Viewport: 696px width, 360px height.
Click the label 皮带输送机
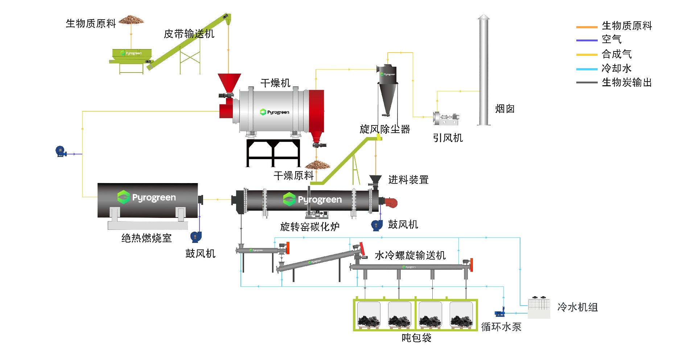pyautogui.click(x=189, y=34)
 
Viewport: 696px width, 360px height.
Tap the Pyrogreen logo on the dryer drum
pyautogui.click(x=275, y=112)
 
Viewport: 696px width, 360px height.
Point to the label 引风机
pyautogui.click(x=448, y=138)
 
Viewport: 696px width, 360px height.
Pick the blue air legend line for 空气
pyautogui.click(x=586, y=40)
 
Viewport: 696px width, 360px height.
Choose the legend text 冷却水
pyautogui.click(x=617, y=68)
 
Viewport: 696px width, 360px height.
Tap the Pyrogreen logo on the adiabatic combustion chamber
pyautogui.click(x=147, y=197)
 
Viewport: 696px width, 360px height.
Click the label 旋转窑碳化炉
pyautogui.click(x=310, y=227)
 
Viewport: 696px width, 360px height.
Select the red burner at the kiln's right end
pyautogui.click(x=391, y=203)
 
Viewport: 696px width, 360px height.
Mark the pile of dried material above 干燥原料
pyautogui.click(x=317, y=165)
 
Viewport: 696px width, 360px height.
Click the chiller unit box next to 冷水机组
pyautogui.click(x=539, y=307)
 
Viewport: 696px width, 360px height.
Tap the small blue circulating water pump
pyautogui.click(x=499, y=313)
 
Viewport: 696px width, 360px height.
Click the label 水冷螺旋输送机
pyautogui.click(x=410, y=255)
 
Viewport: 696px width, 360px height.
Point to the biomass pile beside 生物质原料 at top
pyautogui.click(x=131, y=20)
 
